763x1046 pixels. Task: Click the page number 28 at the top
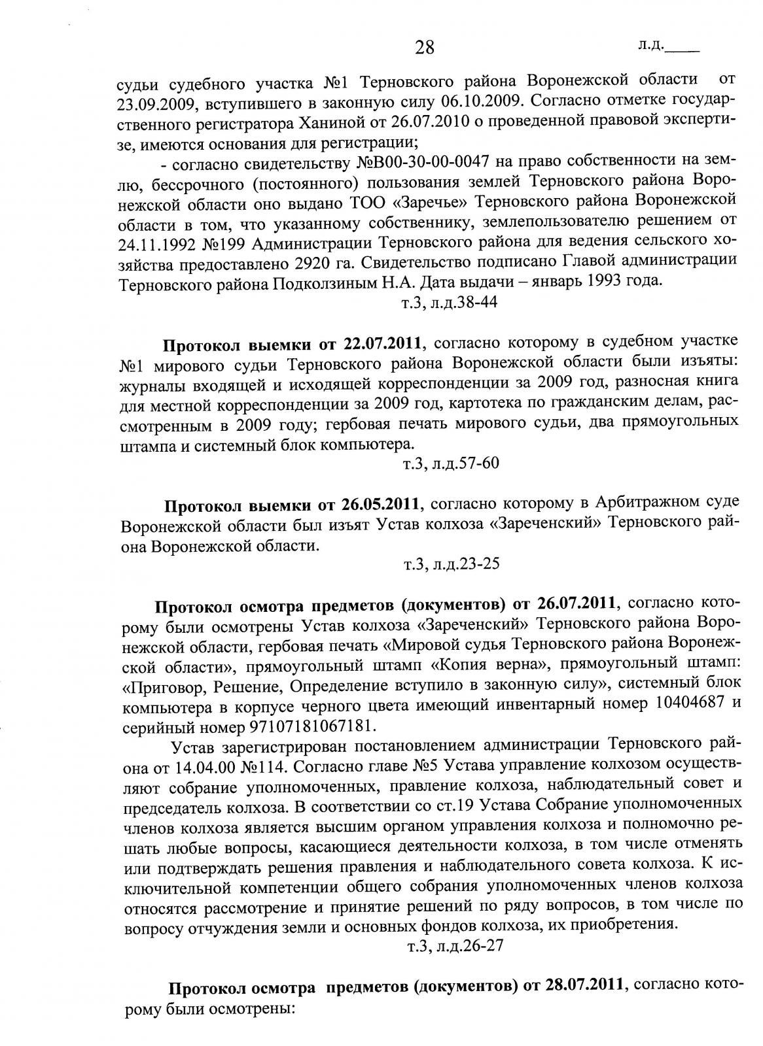(424, 47)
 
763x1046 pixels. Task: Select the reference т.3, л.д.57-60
(450, 464)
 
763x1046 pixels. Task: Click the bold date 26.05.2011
(383, 505)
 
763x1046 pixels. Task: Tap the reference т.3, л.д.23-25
(450, 563)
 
